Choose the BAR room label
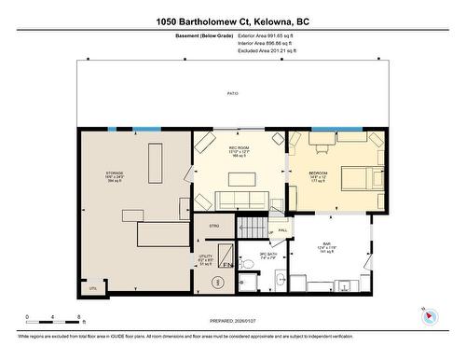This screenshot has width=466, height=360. click(327, 245)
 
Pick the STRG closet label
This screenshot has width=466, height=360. click(213, 226)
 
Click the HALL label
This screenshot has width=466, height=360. click(281, 229)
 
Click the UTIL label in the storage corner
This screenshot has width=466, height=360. click(92, 288)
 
